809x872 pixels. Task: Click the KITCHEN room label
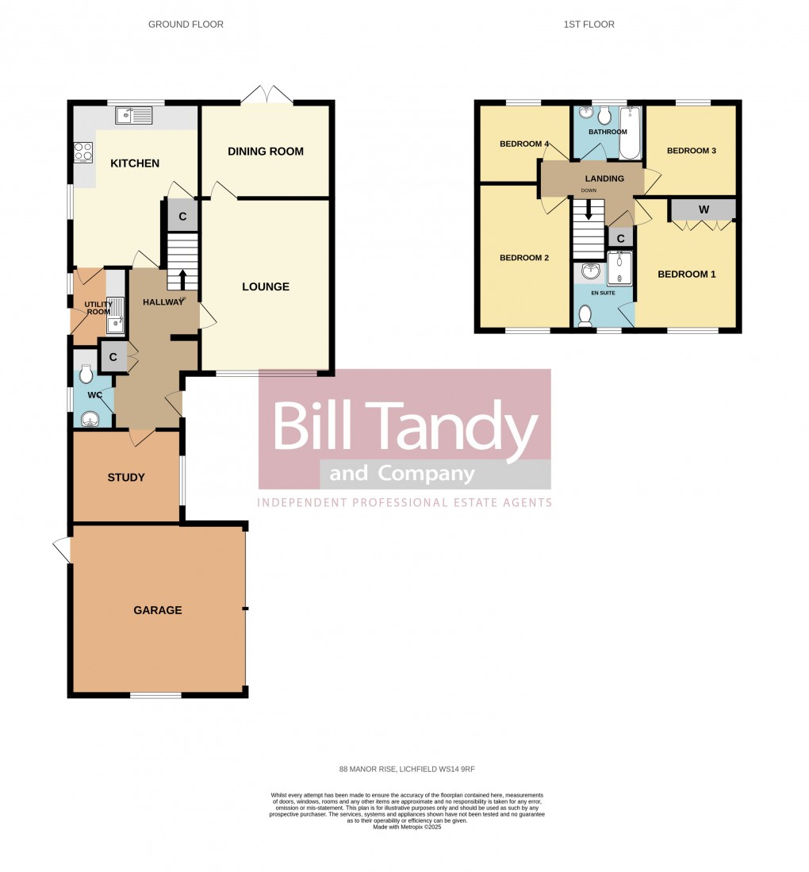pyautogui.click(x=135, y=163)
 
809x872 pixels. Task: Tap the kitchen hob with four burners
pyautogui.click(x=83, y=152)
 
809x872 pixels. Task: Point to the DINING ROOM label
pyautogui.click(x=265, y=152)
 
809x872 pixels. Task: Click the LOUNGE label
pyautogui.click(x=266, y=286)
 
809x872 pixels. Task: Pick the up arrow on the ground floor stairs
pyautogui.click(x=182, y=279)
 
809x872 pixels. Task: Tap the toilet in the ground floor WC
pyautogui.click(x=86, y=372)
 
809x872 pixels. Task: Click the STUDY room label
pyautogui.click(x=126, y=478)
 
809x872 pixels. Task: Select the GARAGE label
pyautogui.click(x=158, y=610)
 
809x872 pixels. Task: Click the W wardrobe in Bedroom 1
pyautogui.click(x=703, y=209)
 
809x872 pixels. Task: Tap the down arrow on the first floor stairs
pyautogui.click(x=589, y=209)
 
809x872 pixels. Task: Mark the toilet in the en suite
pyautogui.click(x=587, y=316)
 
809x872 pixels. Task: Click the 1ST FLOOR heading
pyautogui.click(x=589, y=25)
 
